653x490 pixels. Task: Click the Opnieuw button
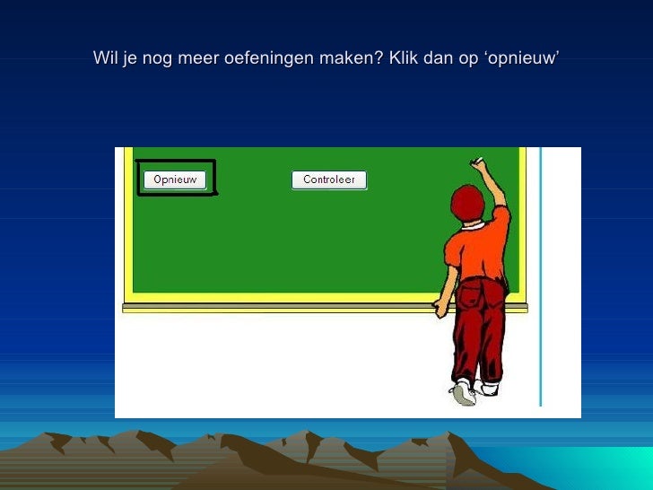[x=175, y=179]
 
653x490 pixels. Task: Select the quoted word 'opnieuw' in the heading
[x=520, y=59]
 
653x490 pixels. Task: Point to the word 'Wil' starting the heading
[x=105, y=59]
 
